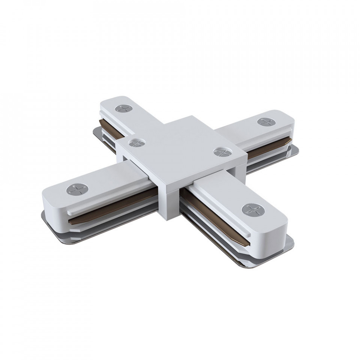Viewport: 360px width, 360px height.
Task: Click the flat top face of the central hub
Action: point(180,142)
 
